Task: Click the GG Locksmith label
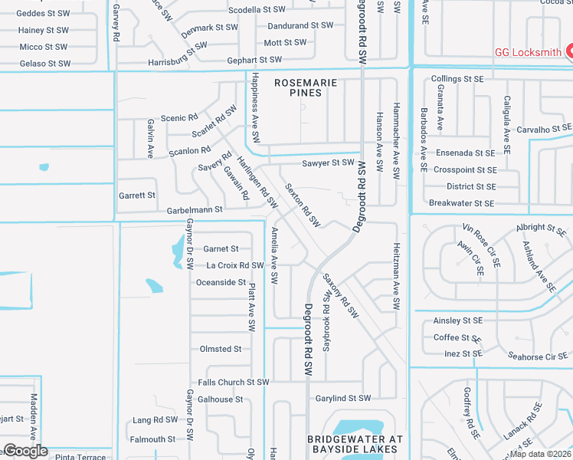(527, 52)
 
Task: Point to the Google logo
(25, 451)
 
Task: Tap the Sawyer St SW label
(327, 163)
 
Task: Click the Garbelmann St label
(195, 209)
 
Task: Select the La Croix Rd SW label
(235, 265)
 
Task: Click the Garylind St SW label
(343, 399)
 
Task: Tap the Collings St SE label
(457, 79)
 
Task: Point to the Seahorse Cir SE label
(536, 356)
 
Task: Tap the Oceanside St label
(221, 282)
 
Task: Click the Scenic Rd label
(179, 118)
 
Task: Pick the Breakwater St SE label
(461, 203)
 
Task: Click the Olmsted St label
(221, 349)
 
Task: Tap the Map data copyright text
(541, 453)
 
